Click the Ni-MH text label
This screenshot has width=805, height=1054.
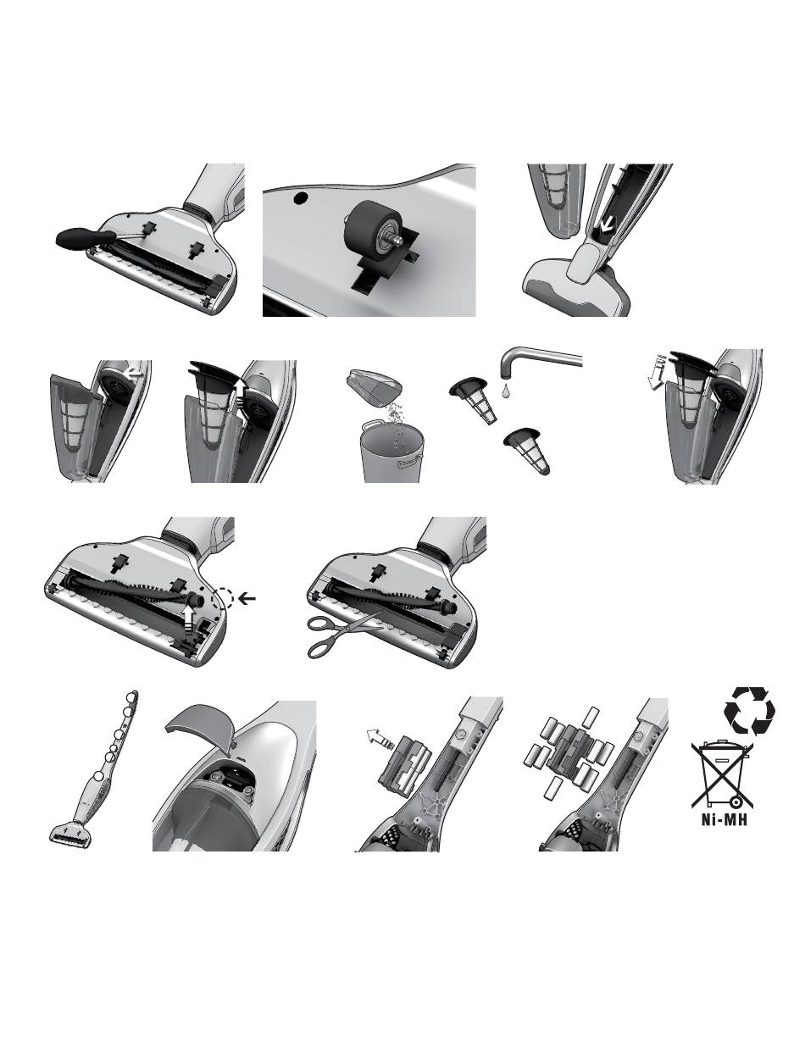pos(724,818)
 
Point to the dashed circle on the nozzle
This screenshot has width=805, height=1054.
pos(222,598)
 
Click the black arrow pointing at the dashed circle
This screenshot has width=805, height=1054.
pos(247,598)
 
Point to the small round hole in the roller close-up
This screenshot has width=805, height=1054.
pos(302,197)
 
